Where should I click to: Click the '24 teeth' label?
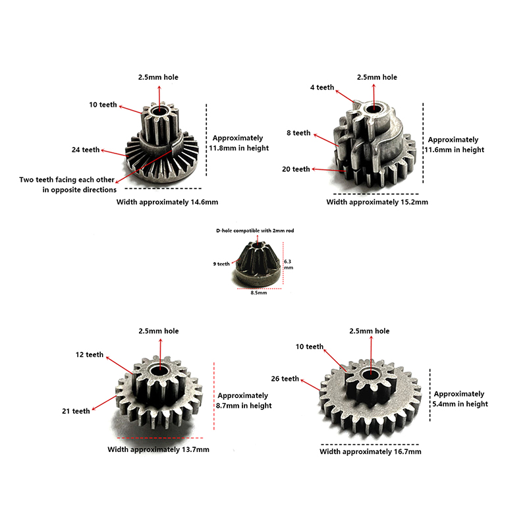tap(86, 150)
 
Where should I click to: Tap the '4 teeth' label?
tap(322, 88)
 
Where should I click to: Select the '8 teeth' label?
tap(298, 133)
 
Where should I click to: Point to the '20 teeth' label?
tap(296, 169)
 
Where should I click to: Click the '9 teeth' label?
tap(221, 264)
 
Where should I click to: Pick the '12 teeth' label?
tap(90, 355)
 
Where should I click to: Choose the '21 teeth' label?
tap(76, 411)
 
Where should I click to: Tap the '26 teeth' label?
tap(285, 379)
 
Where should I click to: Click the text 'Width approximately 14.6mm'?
tap(167, 202)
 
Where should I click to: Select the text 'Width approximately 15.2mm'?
tap(377, 202)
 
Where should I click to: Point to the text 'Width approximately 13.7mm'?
tap(158, 450)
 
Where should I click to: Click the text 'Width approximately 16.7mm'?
tap(370, 452)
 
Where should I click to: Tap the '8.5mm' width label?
tap(259, 293)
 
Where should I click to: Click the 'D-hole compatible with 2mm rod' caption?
tap(255, 231)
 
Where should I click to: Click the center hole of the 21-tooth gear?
tap(159, 371)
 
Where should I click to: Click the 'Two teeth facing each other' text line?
tap(67, 180)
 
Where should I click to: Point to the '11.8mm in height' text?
tap(239, 148)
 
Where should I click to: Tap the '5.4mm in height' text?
tap(460, 404)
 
